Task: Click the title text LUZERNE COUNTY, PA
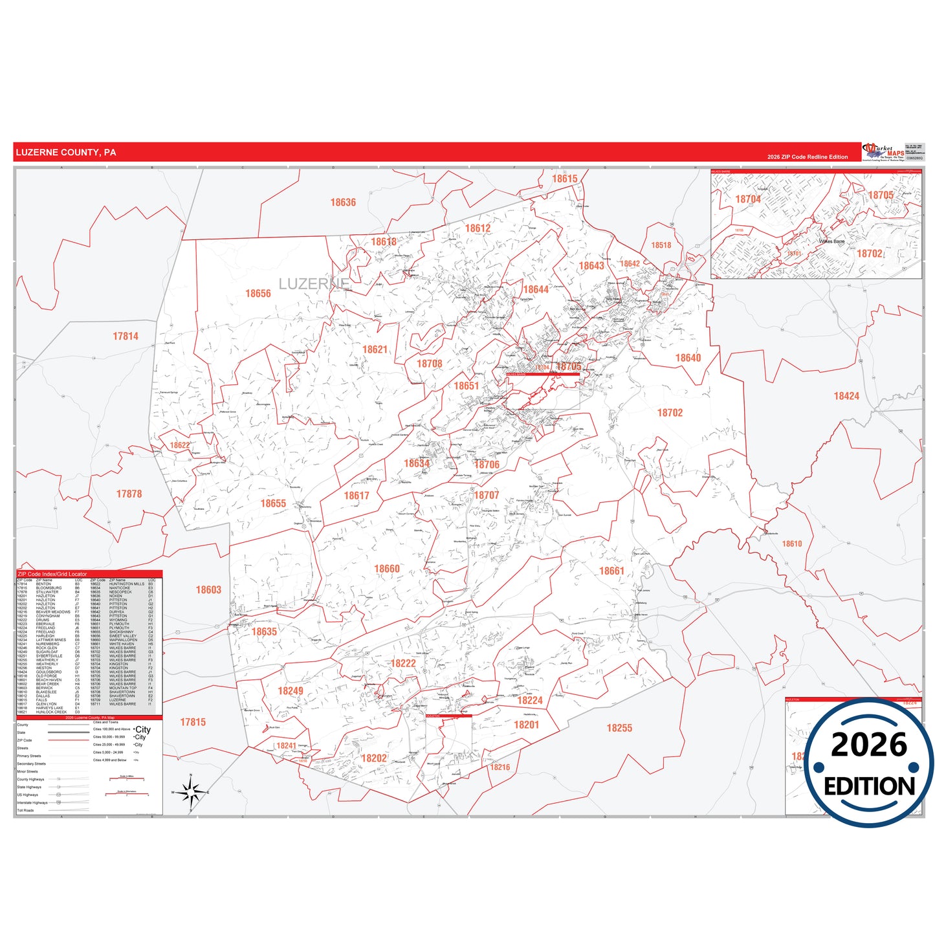66,153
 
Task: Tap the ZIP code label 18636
343,203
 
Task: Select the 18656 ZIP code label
258,294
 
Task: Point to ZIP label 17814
126,336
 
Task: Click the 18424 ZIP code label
846,396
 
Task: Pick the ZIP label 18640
688,358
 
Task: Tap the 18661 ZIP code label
611,571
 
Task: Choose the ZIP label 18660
387,569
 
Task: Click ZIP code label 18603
208,589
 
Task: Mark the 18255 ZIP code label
619,728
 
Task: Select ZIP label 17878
129,494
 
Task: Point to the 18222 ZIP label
403,663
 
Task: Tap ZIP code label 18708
430,364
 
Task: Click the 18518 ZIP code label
661,245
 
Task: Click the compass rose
190,792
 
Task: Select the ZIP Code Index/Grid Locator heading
52,574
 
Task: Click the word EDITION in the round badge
869,786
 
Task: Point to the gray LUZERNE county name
313,284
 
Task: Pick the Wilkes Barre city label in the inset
831,241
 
